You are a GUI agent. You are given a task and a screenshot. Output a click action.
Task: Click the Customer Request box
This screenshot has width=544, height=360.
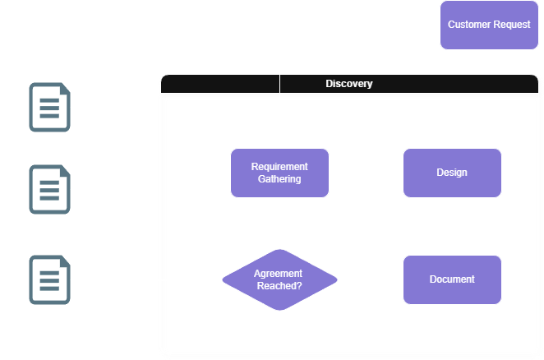click(x=489, y=25)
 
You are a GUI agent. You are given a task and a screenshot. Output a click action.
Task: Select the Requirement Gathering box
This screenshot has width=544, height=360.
click(x=279, y=173)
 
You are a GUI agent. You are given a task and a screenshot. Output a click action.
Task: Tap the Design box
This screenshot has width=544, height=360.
click(x=452, y=173)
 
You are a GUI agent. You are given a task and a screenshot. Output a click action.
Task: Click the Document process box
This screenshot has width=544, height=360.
click(x=452, y=279)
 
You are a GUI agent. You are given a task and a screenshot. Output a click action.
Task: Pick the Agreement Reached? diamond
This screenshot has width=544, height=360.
click(x=279, y=279)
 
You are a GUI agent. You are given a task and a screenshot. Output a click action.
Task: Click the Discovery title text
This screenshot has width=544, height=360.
click(x=349, y=84)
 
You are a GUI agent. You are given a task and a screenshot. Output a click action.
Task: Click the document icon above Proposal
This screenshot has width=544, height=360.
click(x=48, y=107)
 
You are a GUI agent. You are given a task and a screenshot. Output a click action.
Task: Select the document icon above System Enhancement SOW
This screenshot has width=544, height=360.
click(x=48, y=189)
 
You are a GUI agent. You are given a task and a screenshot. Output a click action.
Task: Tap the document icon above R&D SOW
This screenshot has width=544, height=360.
click(x=48, y=279)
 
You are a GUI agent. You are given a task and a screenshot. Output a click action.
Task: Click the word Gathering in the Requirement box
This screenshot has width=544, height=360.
click(x=279, y=178)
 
